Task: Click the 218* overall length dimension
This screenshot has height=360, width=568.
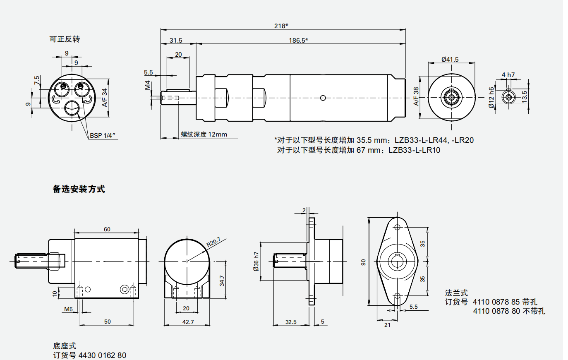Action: pyautogui.click(x=281, y=26)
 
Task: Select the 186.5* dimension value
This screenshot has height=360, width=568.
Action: pyautogui.click(x=298, y=40)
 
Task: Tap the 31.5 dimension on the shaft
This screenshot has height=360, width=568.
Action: pyautogui.click(x=176, y=40)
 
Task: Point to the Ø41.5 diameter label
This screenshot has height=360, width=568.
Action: pyautogui.click(x=450, y=59)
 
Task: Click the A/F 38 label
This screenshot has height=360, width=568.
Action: pyautogui.click(x=416, y=96)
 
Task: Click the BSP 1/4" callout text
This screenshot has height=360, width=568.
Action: pyautogui.click(x=103, y=135)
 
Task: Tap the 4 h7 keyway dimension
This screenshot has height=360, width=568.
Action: pyautogui.click(x=508, y=75)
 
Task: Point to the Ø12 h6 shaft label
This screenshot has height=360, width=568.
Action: pyautogui.click(x=491, y=98)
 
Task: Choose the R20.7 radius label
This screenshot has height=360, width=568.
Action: pyautogui.click(x=213, y=242)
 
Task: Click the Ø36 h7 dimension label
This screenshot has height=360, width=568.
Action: pyautogui.click(x=256, y=262)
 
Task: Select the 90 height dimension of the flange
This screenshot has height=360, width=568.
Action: pyautogui.click(x=363, y=262)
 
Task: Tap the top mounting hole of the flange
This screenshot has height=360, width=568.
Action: pyautogui.click(x=397, y=227)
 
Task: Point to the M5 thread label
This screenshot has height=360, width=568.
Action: pyautogui.click(x=68, y=309)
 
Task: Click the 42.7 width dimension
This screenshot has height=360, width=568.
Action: pyautogui.click(x=188, y=322)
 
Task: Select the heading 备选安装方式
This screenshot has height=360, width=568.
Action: pyautogui.click(x=79, y=189)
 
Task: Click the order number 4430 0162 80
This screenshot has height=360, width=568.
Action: pyautogui.click(x=102, y=355)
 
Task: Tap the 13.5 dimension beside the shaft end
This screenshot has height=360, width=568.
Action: pyautogui.click(x=525, y=97)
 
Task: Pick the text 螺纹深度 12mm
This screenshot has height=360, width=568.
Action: pyautogui.click(x=204, y=134)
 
